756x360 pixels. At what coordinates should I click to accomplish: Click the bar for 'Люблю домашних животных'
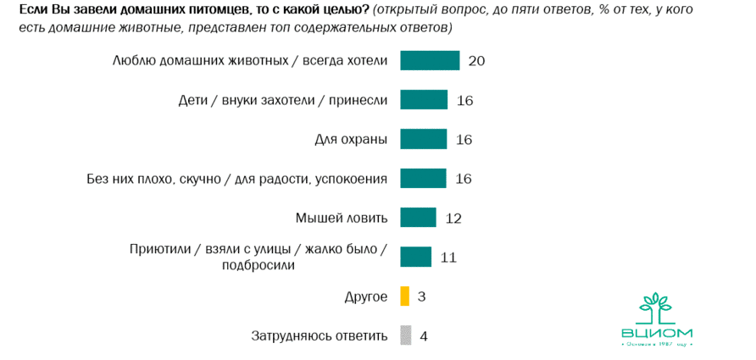coord(430,61)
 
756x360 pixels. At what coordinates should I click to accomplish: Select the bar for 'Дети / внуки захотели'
coord(424,100)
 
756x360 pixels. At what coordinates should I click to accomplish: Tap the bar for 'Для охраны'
coord(423,139)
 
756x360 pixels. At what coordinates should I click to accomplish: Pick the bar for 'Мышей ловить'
coord(418,218)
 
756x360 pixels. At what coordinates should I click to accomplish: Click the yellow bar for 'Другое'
coord(404,296)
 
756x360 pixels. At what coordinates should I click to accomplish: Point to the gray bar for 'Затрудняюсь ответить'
coord(405,335)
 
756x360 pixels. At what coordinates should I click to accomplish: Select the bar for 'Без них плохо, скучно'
coord(423,179)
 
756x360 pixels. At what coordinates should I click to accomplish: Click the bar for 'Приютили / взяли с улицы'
coord(415,257)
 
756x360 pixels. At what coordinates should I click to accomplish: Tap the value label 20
coord(475,61)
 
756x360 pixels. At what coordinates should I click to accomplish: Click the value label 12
coord(453,219)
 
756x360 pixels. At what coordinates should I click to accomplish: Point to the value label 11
coord(448,258)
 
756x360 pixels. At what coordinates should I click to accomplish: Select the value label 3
coord(421,297)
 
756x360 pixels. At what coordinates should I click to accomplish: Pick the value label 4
coord(424,336)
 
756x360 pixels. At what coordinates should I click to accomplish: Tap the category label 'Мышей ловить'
coord(342,218)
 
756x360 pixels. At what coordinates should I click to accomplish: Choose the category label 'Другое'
coord(366,296)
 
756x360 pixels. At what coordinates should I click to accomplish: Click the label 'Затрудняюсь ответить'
coord(320,335)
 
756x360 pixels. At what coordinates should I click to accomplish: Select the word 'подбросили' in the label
coord(258,265)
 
